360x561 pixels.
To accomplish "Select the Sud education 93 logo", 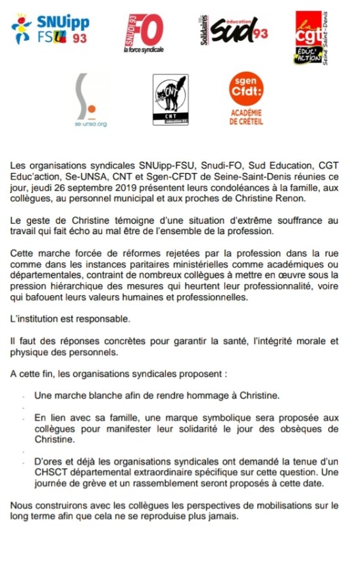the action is (x=232, y=30).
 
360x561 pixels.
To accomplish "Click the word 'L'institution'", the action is (x=36, y=319).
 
